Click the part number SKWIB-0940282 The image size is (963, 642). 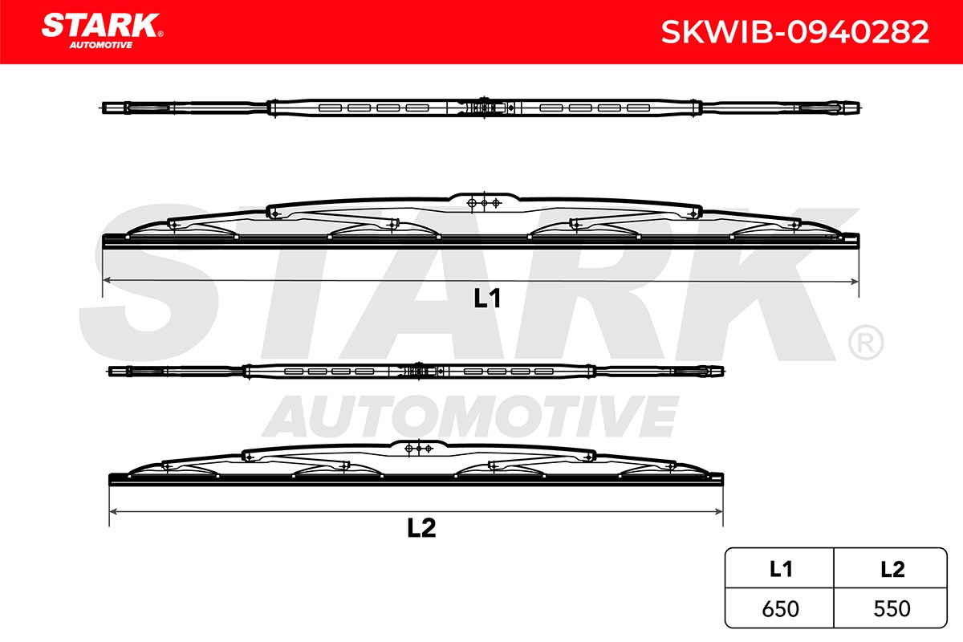point(795,32)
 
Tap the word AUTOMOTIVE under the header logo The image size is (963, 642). point(101,45)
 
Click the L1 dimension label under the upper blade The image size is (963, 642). point(486,298)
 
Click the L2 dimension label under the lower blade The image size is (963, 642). point(421,528)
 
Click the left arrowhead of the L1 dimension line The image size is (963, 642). point(107,280)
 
